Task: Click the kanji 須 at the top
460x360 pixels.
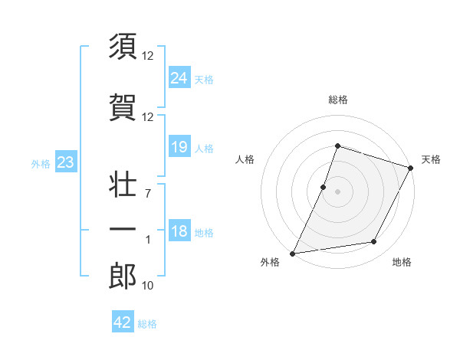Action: point(123,47)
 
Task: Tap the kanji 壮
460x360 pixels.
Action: point(123,183)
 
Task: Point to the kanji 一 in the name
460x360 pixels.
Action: point(123,230)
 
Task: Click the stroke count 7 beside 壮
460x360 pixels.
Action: point(148,193)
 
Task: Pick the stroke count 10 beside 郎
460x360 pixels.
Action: point(149,286)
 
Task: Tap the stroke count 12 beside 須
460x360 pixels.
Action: point(149,56)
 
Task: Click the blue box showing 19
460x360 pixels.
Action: point(179,147)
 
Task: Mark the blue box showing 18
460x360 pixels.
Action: point(179,231)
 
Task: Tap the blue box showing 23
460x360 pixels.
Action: point(65,162)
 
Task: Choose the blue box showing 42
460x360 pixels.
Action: point(123,322)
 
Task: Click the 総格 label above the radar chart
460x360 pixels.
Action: point(337,100)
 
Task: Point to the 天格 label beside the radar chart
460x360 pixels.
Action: point(431,159)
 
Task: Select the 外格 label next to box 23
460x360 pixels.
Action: point(41,163)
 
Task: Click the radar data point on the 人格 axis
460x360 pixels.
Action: point(324,187)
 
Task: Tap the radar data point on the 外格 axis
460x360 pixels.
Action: point(293,253)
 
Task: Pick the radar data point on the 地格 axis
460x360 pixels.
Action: point(374,242)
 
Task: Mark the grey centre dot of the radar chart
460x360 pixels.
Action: point(337,191)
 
